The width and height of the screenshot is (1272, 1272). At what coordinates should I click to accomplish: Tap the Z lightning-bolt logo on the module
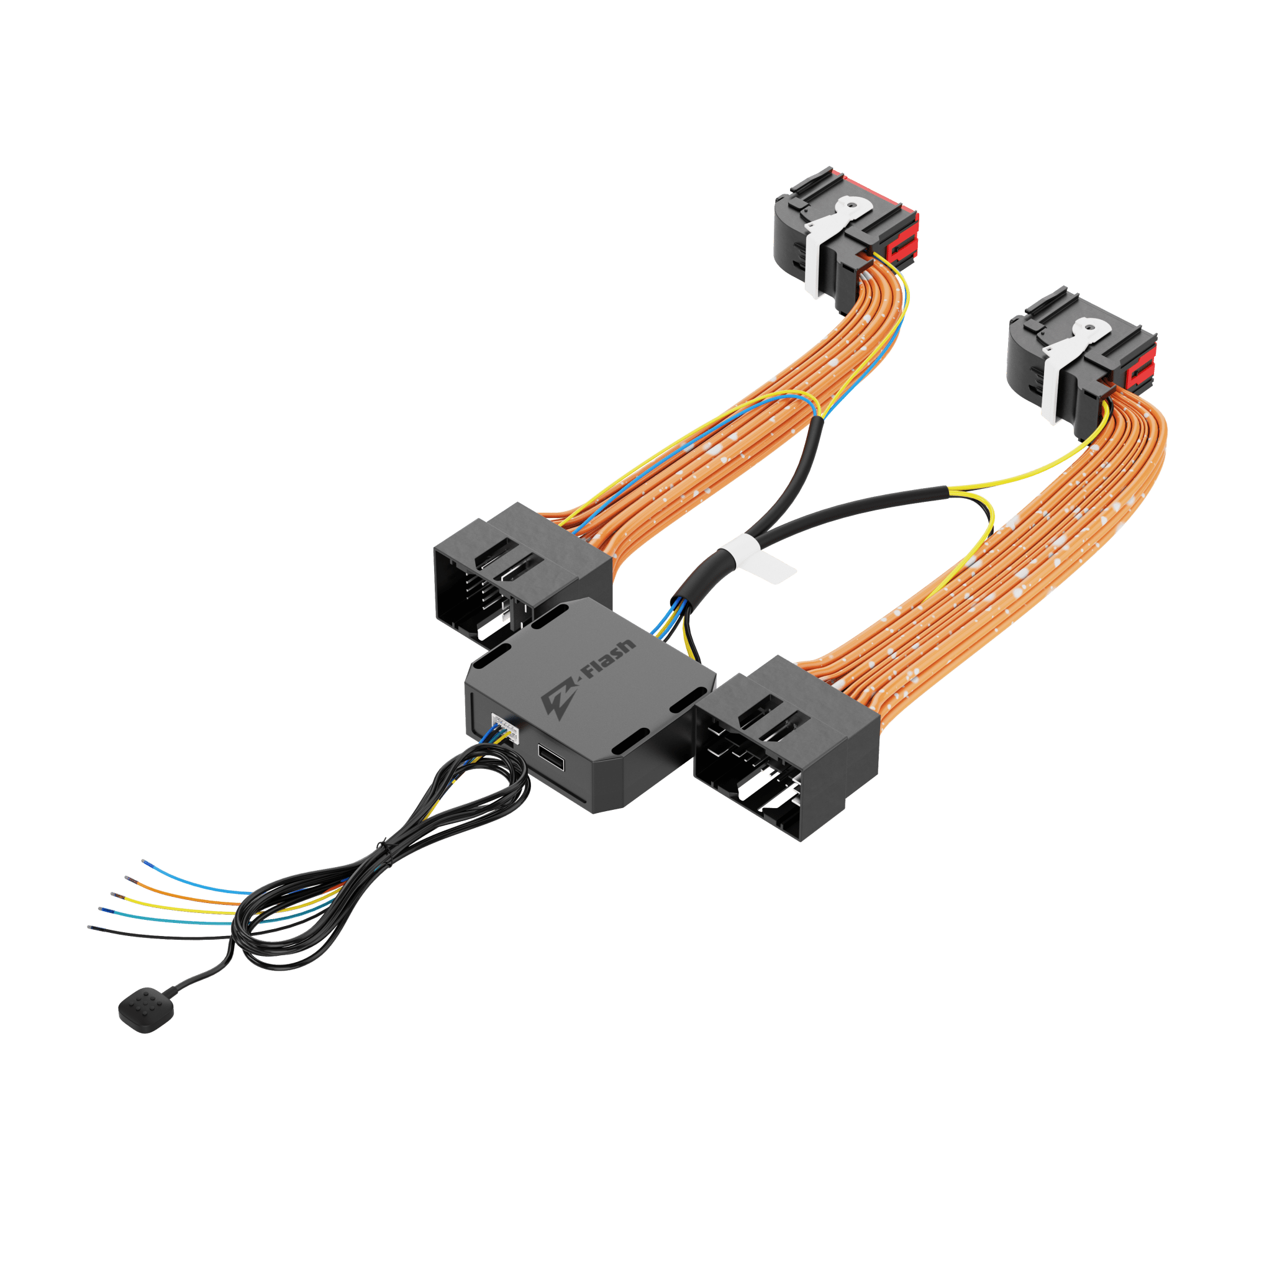click(x=558, y=694)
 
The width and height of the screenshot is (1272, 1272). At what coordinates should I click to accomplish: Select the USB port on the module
click(x=551, y=758)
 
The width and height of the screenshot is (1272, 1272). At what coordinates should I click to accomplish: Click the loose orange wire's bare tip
click(x=128, y=878)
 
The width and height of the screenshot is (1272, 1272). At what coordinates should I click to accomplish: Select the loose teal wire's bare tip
click(x=102, y=909)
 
